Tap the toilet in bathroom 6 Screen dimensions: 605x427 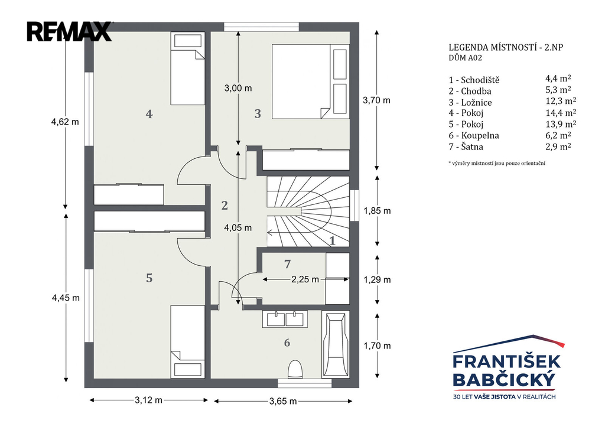(x=295, y=369)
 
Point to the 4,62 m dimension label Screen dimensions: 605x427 (x=65, y=122)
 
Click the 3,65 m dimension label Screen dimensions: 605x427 (x=283, y=401)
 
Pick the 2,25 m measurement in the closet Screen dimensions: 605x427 (x=305, y=279)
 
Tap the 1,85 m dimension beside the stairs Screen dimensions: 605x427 (x=377, y=211)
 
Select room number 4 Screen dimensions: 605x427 (x=149, y=114)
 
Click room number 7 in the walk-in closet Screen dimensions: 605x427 (x=287, y=264)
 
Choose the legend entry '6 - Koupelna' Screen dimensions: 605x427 (x=474, y=135)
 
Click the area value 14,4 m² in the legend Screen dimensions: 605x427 (x=561, y=113)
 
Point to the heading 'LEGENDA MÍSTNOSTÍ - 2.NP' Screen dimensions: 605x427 (x=506, y=47)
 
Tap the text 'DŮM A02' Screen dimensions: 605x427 (x=466, y=58)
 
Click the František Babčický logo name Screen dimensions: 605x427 (x=506, y=370)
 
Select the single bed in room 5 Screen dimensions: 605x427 (x=187, y=342)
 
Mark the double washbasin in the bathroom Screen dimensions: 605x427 (x=285, y=319)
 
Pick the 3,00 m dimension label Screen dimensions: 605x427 (x=238, y=89)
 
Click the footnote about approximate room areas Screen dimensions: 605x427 (x=496, y=163)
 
